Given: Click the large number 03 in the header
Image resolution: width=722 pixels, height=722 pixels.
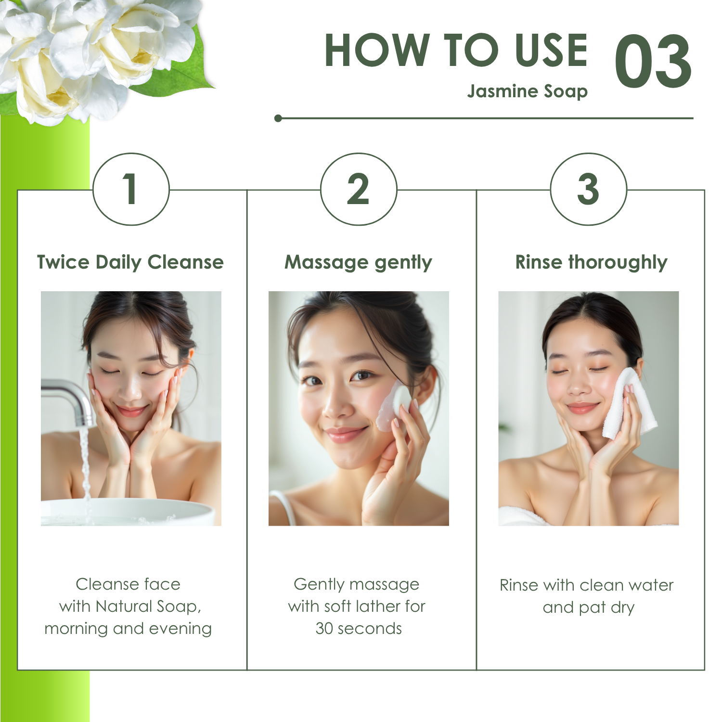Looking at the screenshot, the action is tap(653, 62).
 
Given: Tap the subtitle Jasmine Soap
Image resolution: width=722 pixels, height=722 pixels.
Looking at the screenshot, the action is tap(528, 91).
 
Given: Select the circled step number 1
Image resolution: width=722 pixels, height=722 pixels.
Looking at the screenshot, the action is tap(131, 189).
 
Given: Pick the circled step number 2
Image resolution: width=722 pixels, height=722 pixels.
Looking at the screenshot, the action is tap(359, 189).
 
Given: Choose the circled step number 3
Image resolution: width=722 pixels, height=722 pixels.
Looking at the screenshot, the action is tap(589, 189).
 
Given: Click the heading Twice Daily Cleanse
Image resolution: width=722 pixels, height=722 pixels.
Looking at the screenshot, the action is tap(130, 262).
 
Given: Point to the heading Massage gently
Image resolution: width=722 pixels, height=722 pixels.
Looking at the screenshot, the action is tap(359, 263).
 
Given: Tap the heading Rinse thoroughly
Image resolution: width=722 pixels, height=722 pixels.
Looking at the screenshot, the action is tap(592, 263).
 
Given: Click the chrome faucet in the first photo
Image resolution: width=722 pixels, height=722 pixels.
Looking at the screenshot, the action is tap(70, 400).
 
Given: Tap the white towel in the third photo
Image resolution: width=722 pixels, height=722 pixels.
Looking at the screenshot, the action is tap(630, 403).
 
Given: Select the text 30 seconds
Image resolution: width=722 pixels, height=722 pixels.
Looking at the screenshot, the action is tap(359, 629).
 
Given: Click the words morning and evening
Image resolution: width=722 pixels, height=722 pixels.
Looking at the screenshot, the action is tap(128, 629).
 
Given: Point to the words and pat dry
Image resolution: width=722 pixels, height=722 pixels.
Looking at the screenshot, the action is tap(589, 607).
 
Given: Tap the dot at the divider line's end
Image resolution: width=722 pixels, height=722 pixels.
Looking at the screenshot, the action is tap(278, 118).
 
